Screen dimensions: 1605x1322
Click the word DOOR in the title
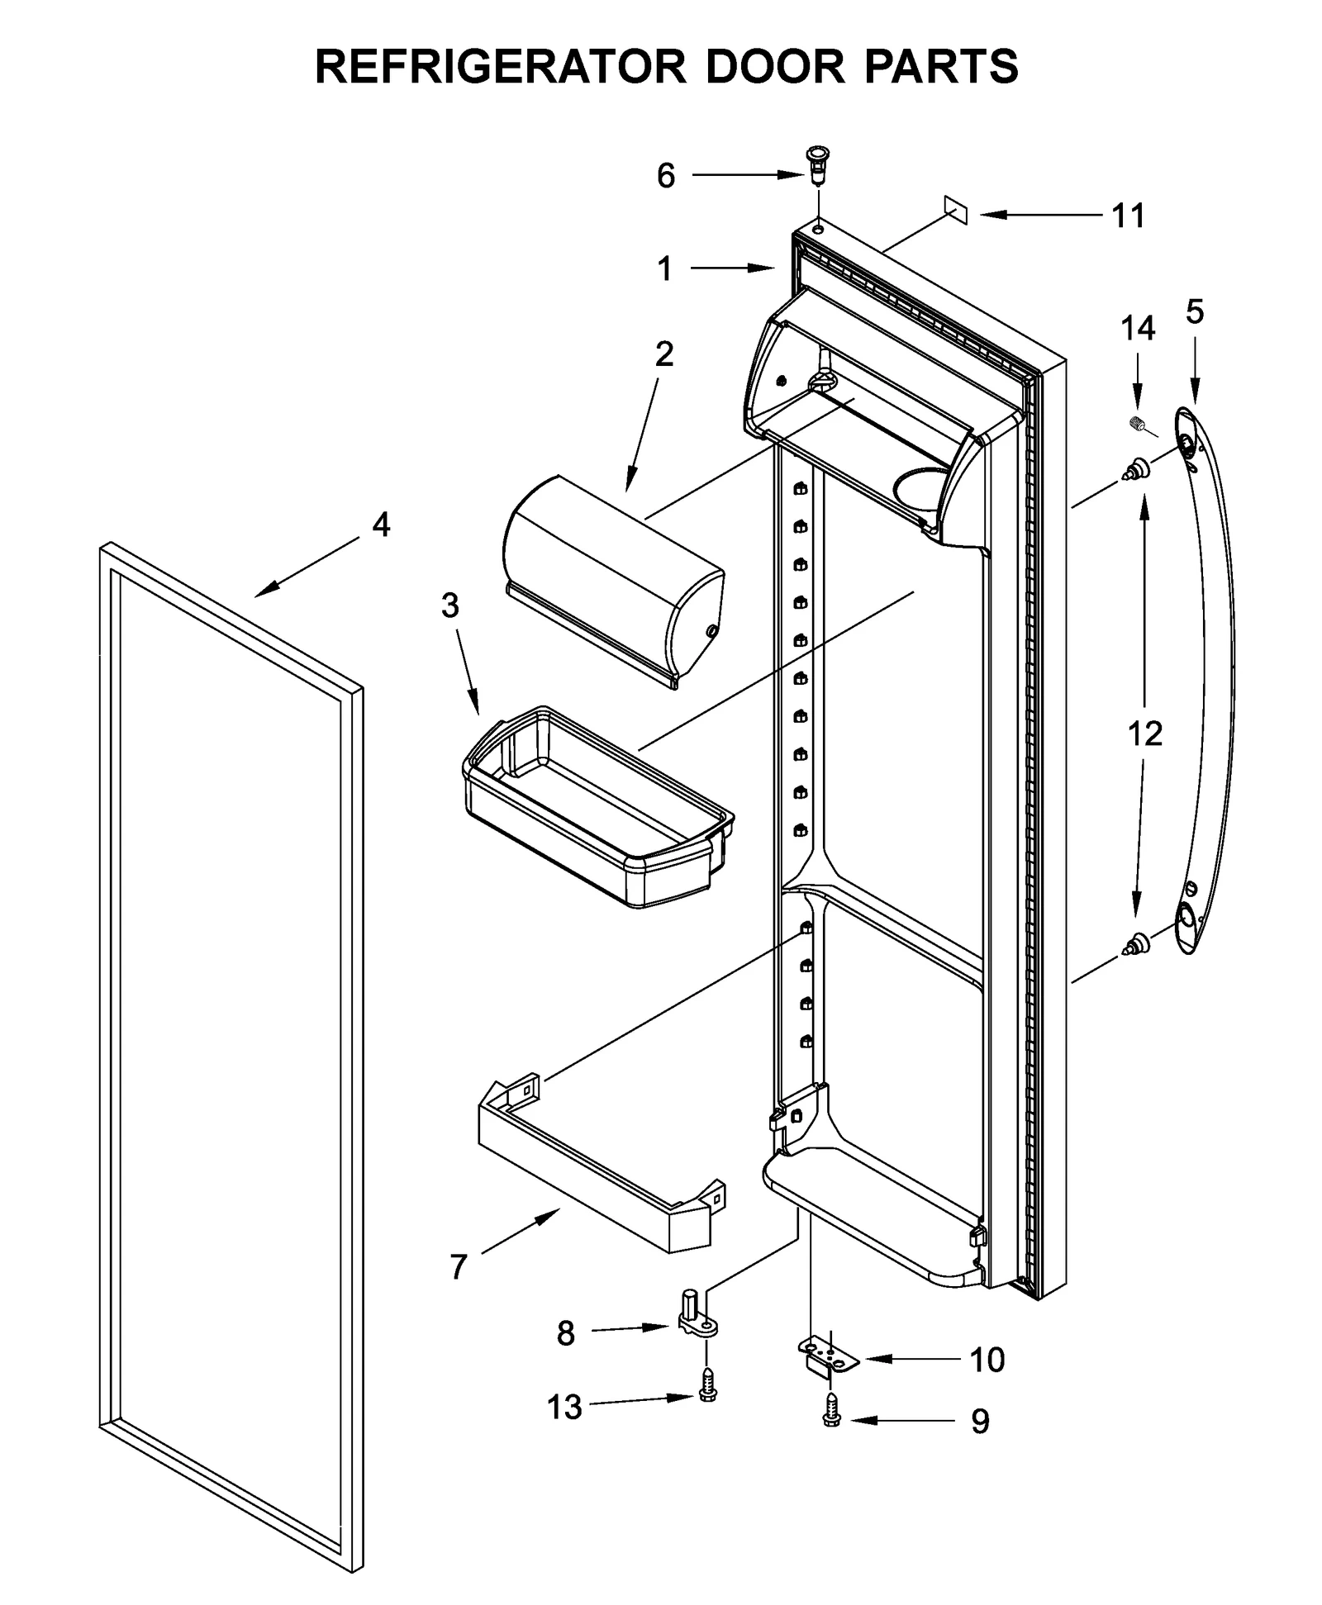[x=775, y=67]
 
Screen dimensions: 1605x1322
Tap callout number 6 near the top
[x=666, y=176]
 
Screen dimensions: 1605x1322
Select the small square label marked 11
[x=955, y=211]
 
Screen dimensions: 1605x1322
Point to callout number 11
[x=1128, y=216]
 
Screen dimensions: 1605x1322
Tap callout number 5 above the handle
[x=1195, y=312]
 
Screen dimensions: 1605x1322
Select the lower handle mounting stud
[x=1135, y=943]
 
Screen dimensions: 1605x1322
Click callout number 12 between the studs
[x=1145, y=734]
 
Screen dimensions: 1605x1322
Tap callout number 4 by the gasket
[x=381, y=525]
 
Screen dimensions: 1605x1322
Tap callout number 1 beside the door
[x=665, y=269]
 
